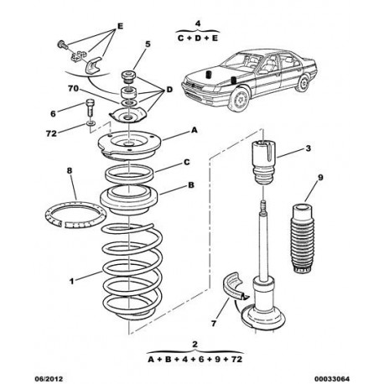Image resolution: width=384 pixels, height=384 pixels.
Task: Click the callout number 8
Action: click(70, 170)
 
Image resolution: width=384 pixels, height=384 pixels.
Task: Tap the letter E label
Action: click(120, 26)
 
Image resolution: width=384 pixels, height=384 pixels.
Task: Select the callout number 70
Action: click(73, 89)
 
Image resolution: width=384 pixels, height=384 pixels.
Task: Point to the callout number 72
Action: click(51, 133)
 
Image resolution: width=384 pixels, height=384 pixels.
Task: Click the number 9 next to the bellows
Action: click(320, 178)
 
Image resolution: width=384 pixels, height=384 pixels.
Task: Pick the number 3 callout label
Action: click(308, 148)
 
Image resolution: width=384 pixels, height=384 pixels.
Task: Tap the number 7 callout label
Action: click(214, 324)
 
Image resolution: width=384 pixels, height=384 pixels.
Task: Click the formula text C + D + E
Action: click(198, 39)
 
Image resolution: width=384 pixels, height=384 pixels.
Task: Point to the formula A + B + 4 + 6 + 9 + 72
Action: click(195, 359)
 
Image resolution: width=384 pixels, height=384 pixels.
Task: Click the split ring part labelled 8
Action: click(75, 215)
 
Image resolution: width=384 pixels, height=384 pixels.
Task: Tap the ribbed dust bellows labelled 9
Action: click(303, 239)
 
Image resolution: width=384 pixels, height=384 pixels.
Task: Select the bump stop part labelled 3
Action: click(264, 162)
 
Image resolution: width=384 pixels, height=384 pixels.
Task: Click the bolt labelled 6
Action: click(90, 107)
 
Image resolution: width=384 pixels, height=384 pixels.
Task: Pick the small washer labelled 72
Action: click(91, 122)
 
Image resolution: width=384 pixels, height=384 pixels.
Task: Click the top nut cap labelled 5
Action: click(128, 76)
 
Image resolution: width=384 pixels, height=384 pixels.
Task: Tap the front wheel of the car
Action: click(239, 99)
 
